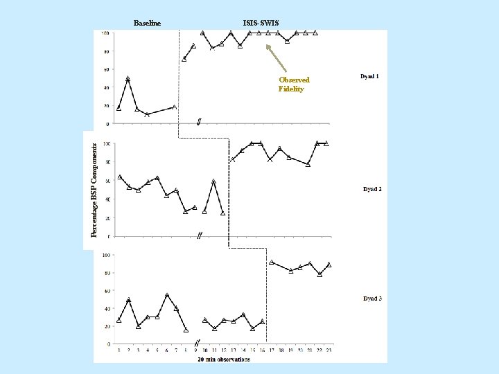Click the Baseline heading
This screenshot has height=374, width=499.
coord(147,24)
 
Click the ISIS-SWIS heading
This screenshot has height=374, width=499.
coord(261,24)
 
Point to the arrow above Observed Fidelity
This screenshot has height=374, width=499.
coord(277,59)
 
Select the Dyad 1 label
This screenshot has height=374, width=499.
coord(369,75)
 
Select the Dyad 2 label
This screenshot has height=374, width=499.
coord(372,189)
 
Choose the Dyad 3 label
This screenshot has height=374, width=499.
coord(372,299)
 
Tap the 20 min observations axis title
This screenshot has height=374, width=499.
coord(224,359)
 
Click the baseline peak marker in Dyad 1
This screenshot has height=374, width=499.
coord(128,79)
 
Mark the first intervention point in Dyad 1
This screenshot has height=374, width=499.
coord(184,59)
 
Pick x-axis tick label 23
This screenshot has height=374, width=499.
coord(329,350)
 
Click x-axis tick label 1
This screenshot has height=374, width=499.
coord(119,350)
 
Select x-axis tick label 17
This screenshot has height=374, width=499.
coord(272,350)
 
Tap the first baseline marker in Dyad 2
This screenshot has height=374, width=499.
coord(120,177)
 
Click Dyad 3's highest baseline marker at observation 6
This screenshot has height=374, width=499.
coord(167,296)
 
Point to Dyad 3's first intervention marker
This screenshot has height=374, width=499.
coord(272,262)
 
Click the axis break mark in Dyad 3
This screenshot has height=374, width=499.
coord(198,344)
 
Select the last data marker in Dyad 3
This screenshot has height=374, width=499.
coord(329,265)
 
